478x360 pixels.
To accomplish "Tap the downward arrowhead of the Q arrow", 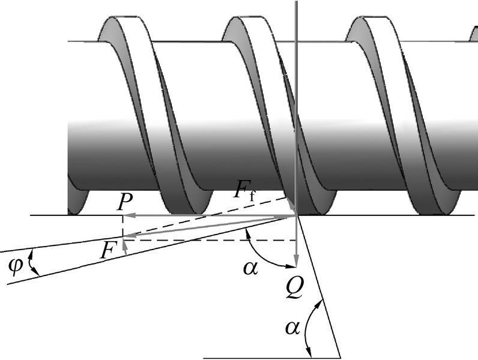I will (295, 262).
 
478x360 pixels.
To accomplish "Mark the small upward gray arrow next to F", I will (124, 246).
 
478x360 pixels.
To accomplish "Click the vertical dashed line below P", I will (123, 227).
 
